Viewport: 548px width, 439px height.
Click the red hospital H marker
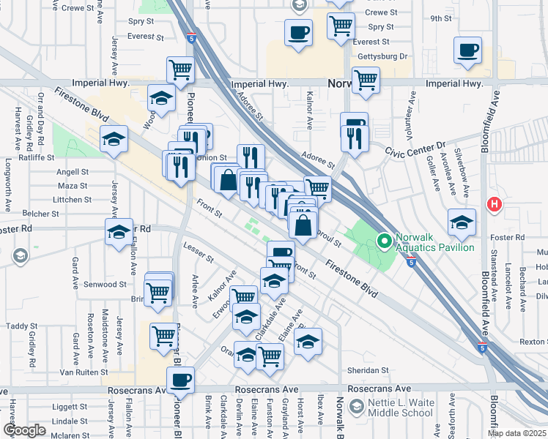[x=495, y=204]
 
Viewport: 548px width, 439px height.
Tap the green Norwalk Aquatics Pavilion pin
[x=382, y=240]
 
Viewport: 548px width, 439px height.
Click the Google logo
[x=24, y=430]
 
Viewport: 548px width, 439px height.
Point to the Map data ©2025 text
[x=516, y=433]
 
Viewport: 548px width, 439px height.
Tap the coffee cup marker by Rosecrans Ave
[x=180, y=380]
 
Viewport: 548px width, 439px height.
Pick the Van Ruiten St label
[x=83, y=372]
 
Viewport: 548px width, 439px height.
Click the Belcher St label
[x=40, y=214]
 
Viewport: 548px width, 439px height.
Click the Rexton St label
[x=533, y=342]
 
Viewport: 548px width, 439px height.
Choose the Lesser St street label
[x=199, y=253]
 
